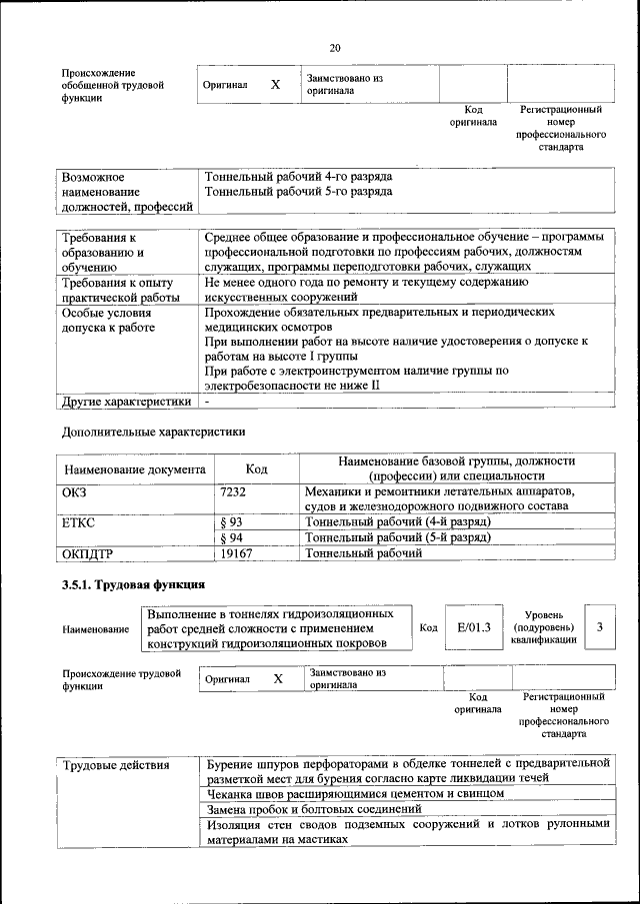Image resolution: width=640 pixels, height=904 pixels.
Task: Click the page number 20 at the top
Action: point(335,47)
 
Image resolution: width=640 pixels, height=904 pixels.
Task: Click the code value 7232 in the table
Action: point(233,492)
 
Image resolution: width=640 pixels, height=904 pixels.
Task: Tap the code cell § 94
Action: point(231,537)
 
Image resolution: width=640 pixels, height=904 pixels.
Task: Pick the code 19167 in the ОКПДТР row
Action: point(236,552)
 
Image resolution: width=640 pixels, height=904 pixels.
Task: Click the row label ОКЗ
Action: point(76,492)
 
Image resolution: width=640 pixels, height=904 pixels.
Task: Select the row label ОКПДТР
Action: point(87,552)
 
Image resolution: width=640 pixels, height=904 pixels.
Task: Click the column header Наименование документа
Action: point(135,468)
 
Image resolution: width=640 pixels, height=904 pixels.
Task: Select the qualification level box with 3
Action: point(599,626)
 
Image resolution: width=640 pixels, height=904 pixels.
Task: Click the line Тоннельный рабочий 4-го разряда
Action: point(298,176)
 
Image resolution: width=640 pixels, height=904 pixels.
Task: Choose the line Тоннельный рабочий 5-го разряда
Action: point(298,191)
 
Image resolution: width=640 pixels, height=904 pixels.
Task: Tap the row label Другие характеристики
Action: point(125,402)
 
